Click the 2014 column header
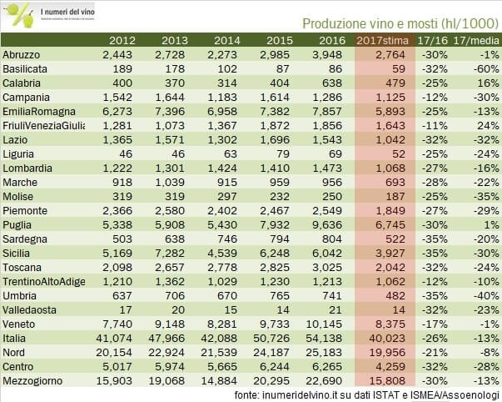click(226, 40)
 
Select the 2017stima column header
click(382, 40)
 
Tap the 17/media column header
click(476, 40)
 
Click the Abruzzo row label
click(21, 55)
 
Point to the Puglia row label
click(17, 225)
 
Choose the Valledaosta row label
click(29, 310)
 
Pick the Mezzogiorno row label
click(32, 381)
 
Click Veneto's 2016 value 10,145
click(324, 324)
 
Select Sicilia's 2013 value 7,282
click(170, 254)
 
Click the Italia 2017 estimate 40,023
click(387, 339)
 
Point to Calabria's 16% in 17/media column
click(488, 83)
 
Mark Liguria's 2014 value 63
click(231, 154)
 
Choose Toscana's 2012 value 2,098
click(117, 268)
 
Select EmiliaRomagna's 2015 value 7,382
click(275, 112)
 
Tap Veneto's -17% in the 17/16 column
click(435, 324)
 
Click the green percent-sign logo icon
click(20, 14)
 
